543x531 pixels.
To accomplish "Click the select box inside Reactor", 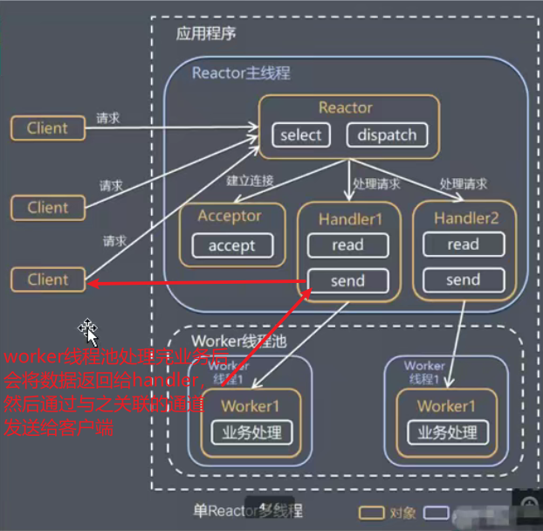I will coord(301,135).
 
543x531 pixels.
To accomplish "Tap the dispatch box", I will coord(387,135).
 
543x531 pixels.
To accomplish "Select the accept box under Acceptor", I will coord(231,245).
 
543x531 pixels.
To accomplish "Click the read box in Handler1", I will coord(347,245).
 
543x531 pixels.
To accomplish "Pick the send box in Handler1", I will coord(347,280).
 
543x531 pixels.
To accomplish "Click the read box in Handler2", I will coord(463,245).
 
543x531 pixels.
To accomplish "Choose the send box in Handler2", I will coord(463,280).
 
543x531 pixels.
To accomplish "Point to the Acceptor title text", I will coord(230,216).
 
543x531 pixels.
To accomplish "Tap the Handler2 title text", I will coord(466,217).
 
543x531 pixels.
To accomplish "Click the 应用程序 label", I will coord(206,34).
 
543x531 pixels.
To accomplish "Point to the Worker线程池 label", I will coord(230,339).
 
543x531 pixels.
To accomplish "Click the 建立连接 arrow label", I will coord(251,181).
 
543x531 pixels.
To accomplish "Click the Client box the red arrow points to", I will coord(47,280).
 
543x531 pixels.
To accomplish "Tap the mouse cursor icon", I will coord(88,331).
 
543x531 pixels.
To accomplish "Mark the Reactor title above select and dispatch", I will coord(346,107).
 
